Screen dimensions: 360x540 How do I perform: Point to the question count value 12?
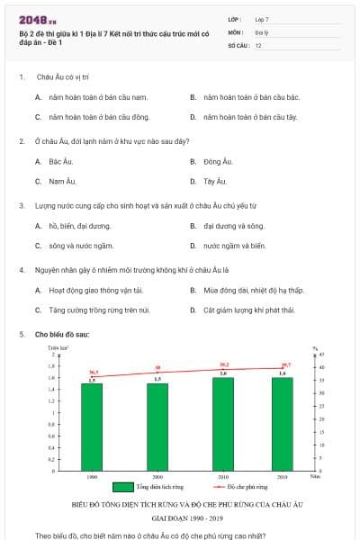tap(258, 44)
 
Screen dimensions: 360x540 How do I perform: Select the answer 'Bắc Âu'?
tap(60, 162)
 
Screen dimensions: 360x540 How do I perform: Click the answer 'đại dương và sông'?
tap(233, 226)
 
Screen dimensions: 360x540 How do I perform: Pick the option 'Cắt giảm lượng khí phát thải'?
tap(250, 310)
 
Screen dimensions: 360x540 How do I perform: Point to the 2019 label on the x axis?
tap(282, 476)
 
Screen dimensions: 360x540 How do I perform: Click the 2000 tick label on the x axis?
tap(157, 476)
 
